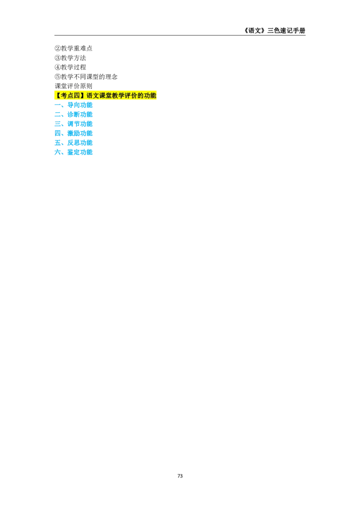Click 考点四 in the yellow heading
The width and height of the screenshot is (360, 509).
pos(70,95)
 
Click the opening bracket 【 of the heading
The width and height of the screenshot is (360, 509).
pos(58,95)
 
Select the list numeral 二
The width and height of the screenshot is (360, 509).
pos(58,115)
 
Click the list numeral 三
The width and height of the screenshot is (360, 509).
pos(58,124)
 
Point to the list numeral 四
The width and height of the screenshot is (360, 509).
pos(58,134)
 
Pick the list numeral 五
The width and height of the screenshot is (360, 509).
pos(58,143)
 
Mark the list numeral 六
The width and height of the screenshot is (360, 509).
pos(58,153)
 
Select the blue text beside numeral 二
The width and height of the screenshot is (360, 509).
pos(80,115)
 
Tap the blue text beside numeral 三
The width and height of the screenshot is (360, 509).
pos(80,124)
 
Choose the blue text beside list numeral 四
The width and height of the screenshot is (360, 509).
pos(80,134)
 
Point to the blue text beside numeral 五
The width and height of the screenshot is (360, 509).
pos(80,143)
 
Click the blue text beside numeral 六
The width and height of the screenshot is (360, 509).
pos(80,153)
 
